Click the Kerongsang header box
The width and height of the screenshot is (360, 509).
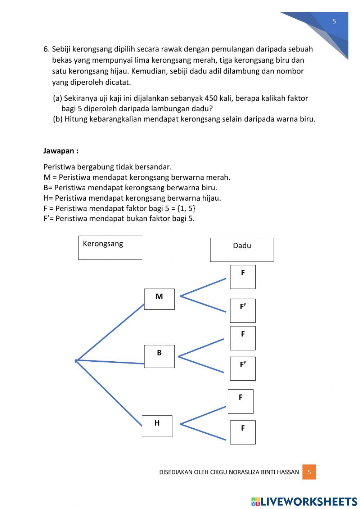(110, 247)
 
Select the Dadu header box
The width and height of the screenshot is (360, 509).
(242, 249)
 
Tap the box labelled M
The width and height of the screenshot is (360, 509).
(159, 299)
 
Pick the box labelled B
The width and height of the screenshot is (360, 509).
(159, 356)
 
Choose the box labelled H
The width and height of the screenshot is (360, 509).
(157, 426)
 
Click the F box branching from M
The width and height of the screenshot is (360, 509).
(243, 277)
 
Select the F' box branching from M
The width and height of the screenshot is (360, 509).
(243, 310)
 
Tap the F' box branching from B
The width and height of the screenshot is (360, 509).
(243, 368)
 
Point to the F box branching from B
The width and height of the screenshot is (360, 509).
(243, 338)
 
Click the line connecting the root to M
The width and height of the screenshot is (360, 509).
(110, 332)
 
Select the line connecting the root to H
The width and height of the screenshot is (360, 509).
(109, 393)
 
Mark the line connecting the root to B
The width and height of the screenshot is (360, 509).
(110, 362)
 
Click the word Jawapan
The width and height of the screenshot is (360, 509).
(59, 151)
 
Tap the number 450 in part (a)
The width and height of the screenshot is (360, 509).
(211, 98)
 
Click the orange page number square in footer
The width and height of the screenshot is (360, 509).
(309, 472)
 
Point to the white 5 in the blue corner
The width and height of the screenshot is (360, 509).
(334, 21)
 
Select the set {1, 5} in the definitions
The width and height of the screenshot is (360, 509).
(186, 208)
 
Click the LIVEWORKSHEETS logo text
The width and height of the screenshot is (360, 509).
(309, 501)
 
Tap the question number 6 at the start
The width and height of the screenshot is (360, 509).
(46, 49)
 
